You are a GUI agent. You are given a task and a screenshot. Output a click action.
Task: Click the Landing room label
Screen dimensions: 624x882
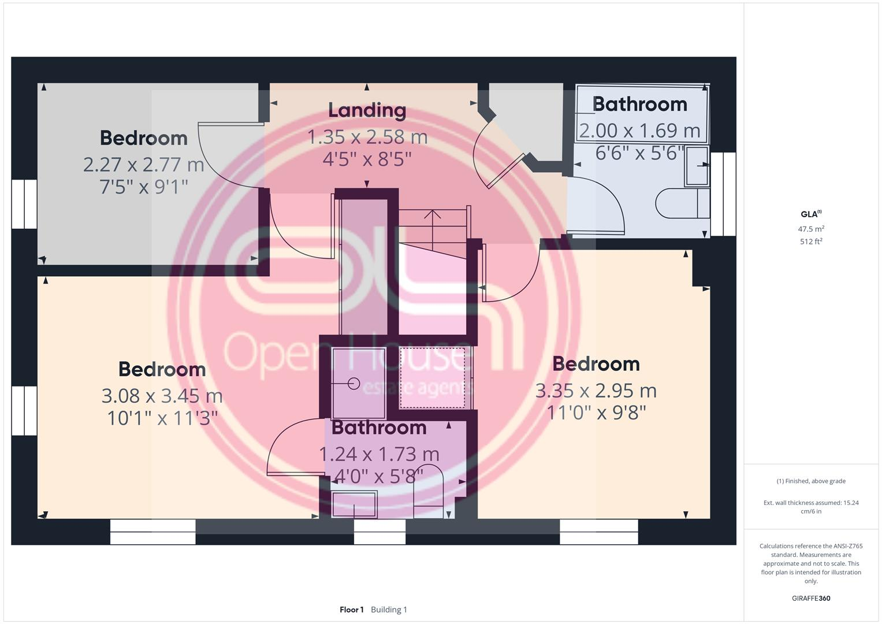[367, 110]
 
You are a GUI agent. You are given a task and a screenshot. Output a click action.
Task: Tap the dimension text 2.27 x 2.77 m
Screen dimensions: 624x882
[143, 165]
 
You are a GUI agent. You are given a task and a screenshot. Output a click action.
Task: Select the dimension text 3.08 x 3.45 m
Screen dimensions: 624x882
[162, 396]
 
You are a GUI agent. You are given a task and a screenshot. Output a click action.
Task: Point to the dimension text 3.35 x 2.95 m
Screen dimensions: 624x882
[596, 391]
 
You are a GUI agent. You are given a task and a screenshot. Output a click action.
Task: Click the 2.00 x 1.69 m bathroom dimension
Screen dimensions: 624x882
[639, 131]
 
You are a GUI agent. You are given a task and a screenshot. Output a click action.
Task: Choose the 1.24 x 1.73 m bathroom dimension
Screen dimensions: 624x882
[379, 454]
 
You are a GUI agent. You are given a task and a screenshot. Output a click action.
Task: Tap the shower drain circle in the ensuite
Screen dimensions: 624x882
[353, 383]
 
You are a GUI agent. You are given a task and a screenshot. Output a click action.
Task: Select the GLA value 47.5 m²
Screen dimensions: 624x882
[811, 229]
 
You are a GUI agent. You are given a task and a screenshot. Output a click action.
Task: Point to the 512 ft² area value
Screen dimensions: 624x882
[811, 242]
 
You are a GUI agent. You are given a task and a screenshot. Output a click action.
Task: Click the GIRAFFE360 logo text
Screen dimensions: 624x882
[811, 598]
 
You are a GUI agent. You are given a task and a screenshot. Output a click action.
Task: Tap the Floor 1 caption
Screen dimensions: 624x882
[351, 610]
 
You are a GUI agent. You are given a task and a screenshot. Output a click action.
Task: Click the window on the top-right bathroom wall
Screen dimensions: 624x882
[723, 194]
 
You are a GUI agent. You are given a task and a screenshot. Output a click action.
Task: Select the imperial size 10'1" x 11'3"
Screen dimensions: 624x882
[162, 418]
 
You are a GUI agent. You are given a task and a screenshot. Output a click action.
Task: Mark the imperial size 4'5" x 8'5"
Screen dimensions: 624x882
[367, 159]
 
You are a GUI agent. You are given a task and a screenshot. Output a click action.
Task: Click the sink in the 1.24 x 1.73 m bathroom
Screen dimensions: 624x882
[354, 504]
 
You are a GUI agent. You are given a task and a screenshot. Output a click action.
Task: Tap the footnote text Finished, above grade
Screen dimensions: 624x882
[811, 481]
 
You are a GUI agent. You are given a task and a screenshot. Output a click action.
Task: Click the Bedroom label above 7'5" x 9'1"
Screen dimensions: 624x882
[143, 138]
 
